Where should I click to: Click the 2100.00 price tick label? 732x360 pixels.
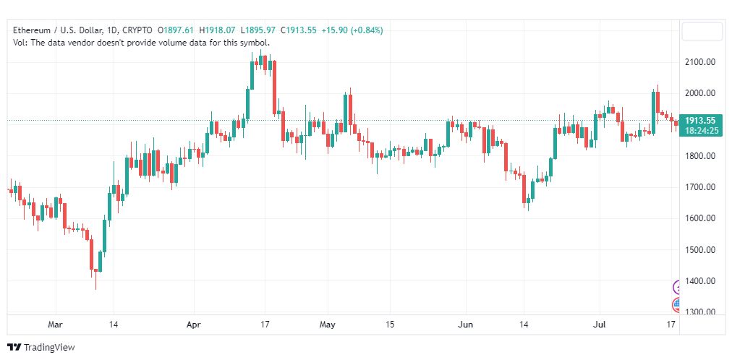coord(699,62)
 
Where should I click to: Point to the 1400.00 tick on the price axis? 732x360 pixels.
coord(699,280)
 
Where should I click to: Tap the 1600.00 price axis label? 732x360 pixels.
coord(699,218)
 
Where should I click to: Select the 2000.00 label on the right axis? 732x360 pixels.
coord(699,93)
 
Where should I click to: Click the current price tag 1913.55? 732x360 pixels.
coord(700,120)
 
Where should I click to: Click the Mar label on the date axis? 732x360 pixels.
coord(56,325)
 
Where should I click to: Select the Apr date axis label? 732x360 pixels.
coord(194,325)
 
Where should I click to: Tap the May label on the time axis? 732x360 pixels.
coord(328,325)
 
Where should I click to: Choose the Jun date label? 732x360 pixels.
coord(466,325)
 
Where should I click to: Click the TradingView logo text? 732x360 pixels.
coord(49,348)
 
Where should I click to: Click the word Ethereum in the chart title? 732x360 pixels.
coord(32,30)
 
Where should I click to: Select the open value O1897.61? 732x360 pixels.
coord(176,30)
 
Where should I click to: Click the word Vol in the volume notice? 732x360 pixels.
coord(19,43)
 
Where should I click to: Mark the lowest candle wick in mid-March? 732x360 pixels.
coord(96,281)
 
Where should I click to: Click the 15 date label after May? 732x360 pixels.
coord(390,325)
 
